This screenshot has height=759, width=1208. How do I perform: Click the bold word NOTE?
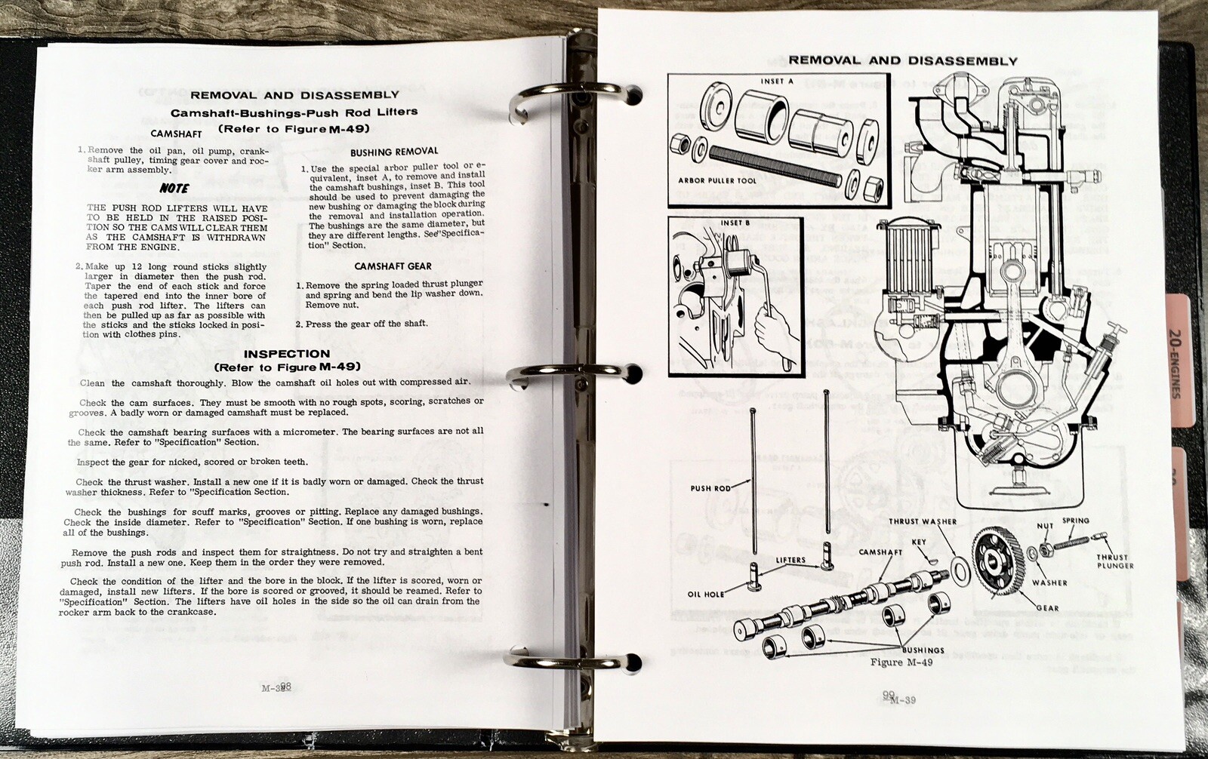174,189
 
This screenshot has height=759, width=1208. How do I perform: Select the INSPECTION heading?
286,354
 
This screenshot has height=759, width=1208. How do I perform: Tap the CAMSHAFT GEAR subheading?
393,266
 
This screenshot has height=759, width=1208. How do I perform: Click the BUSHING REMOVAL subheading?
393,152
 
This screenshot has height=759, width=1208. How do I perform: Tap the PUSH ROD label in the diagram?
710,488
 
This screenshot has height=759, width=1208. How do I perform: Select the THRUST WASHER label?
922,521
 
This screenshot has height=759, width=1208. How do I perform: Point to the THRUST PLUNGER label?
1115,561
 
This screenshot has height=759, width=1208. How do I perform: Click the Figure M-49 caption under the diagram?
901,662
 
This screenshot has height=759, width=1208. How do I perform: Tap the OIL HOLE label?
705,594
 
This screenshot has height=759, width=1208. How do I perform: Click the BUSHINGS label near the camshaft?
923,650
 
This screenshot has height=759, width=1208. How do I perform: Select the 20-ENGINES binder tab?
1176,361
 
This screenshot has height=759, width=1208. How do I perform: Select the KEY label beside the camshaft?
919,542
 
